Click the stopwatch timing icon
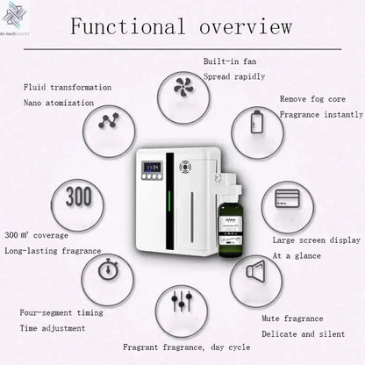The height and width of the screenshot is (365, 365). point(108,268)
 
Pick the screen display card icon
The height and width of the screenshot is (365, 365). point(286,200)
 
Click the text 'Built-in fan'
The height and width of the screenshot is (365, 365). point(229,62)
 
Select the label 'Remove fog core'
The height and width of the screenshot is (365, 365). point(311,99)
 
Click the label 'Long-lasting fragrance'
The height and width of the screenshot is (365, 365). point(53,252)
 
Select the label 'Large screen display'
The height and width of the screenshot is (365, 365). point(316,240)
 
